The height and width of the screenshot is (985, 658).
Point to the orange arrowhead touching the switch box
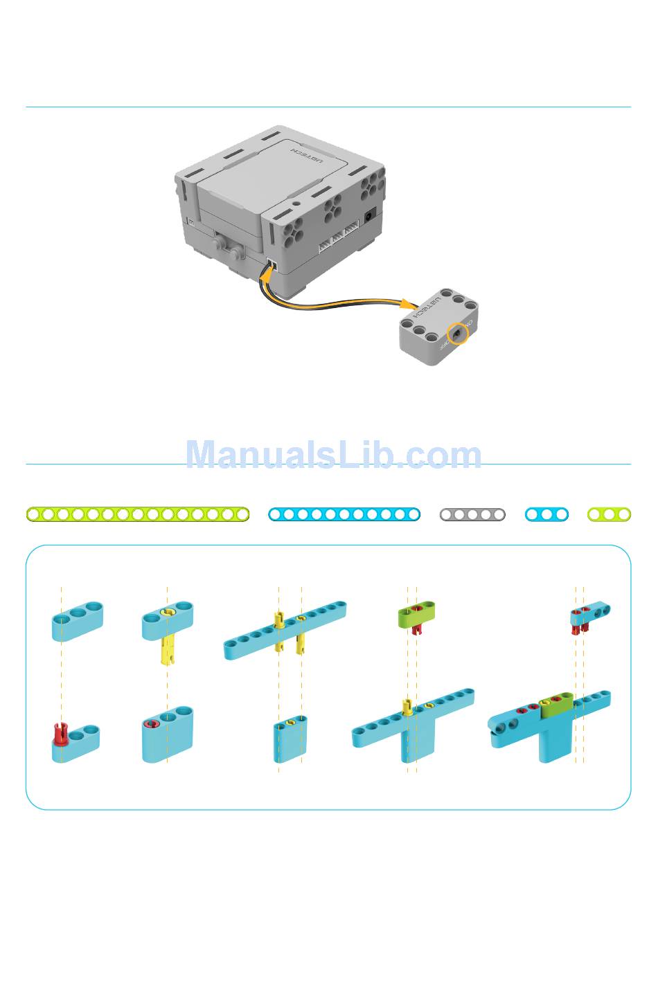click(x=409, y=303)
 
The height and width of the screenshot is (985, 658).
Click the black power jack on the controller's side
click(x=371, y=215)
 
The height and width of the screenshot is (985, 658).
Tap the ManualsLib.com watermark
click(x=333, y=455)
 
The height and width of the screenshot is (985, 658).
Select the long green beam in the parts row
click(x=138, y=514)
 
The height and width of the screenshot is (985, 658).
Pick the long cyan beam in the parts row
click(x=344, y=514)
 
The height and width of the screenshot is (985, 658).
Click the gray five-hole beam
click(x=472, y=514)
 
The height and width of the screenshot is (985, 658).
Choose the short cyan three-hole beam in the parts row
click(x=546, y=514)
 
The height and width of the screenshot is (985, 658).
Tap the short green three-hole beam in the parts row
click(x=609, y=514)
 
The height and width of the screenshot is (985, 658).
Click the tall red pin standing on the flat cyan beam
click(x=60, y=732)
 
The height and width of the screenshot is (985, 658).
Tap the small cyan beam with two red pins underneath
click(x=589, y=614)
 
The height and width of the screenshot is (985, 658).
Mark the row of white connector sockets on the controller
click(x=339, y=239)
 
